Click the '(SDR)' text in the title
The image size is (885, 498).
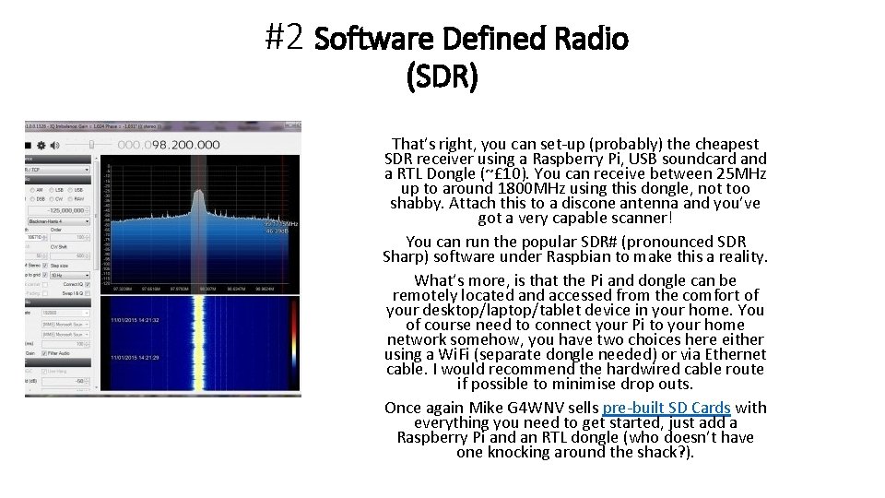(x=442, y=77)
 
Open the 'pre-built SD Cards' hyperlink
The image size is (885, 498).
(x=666, y=409)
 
